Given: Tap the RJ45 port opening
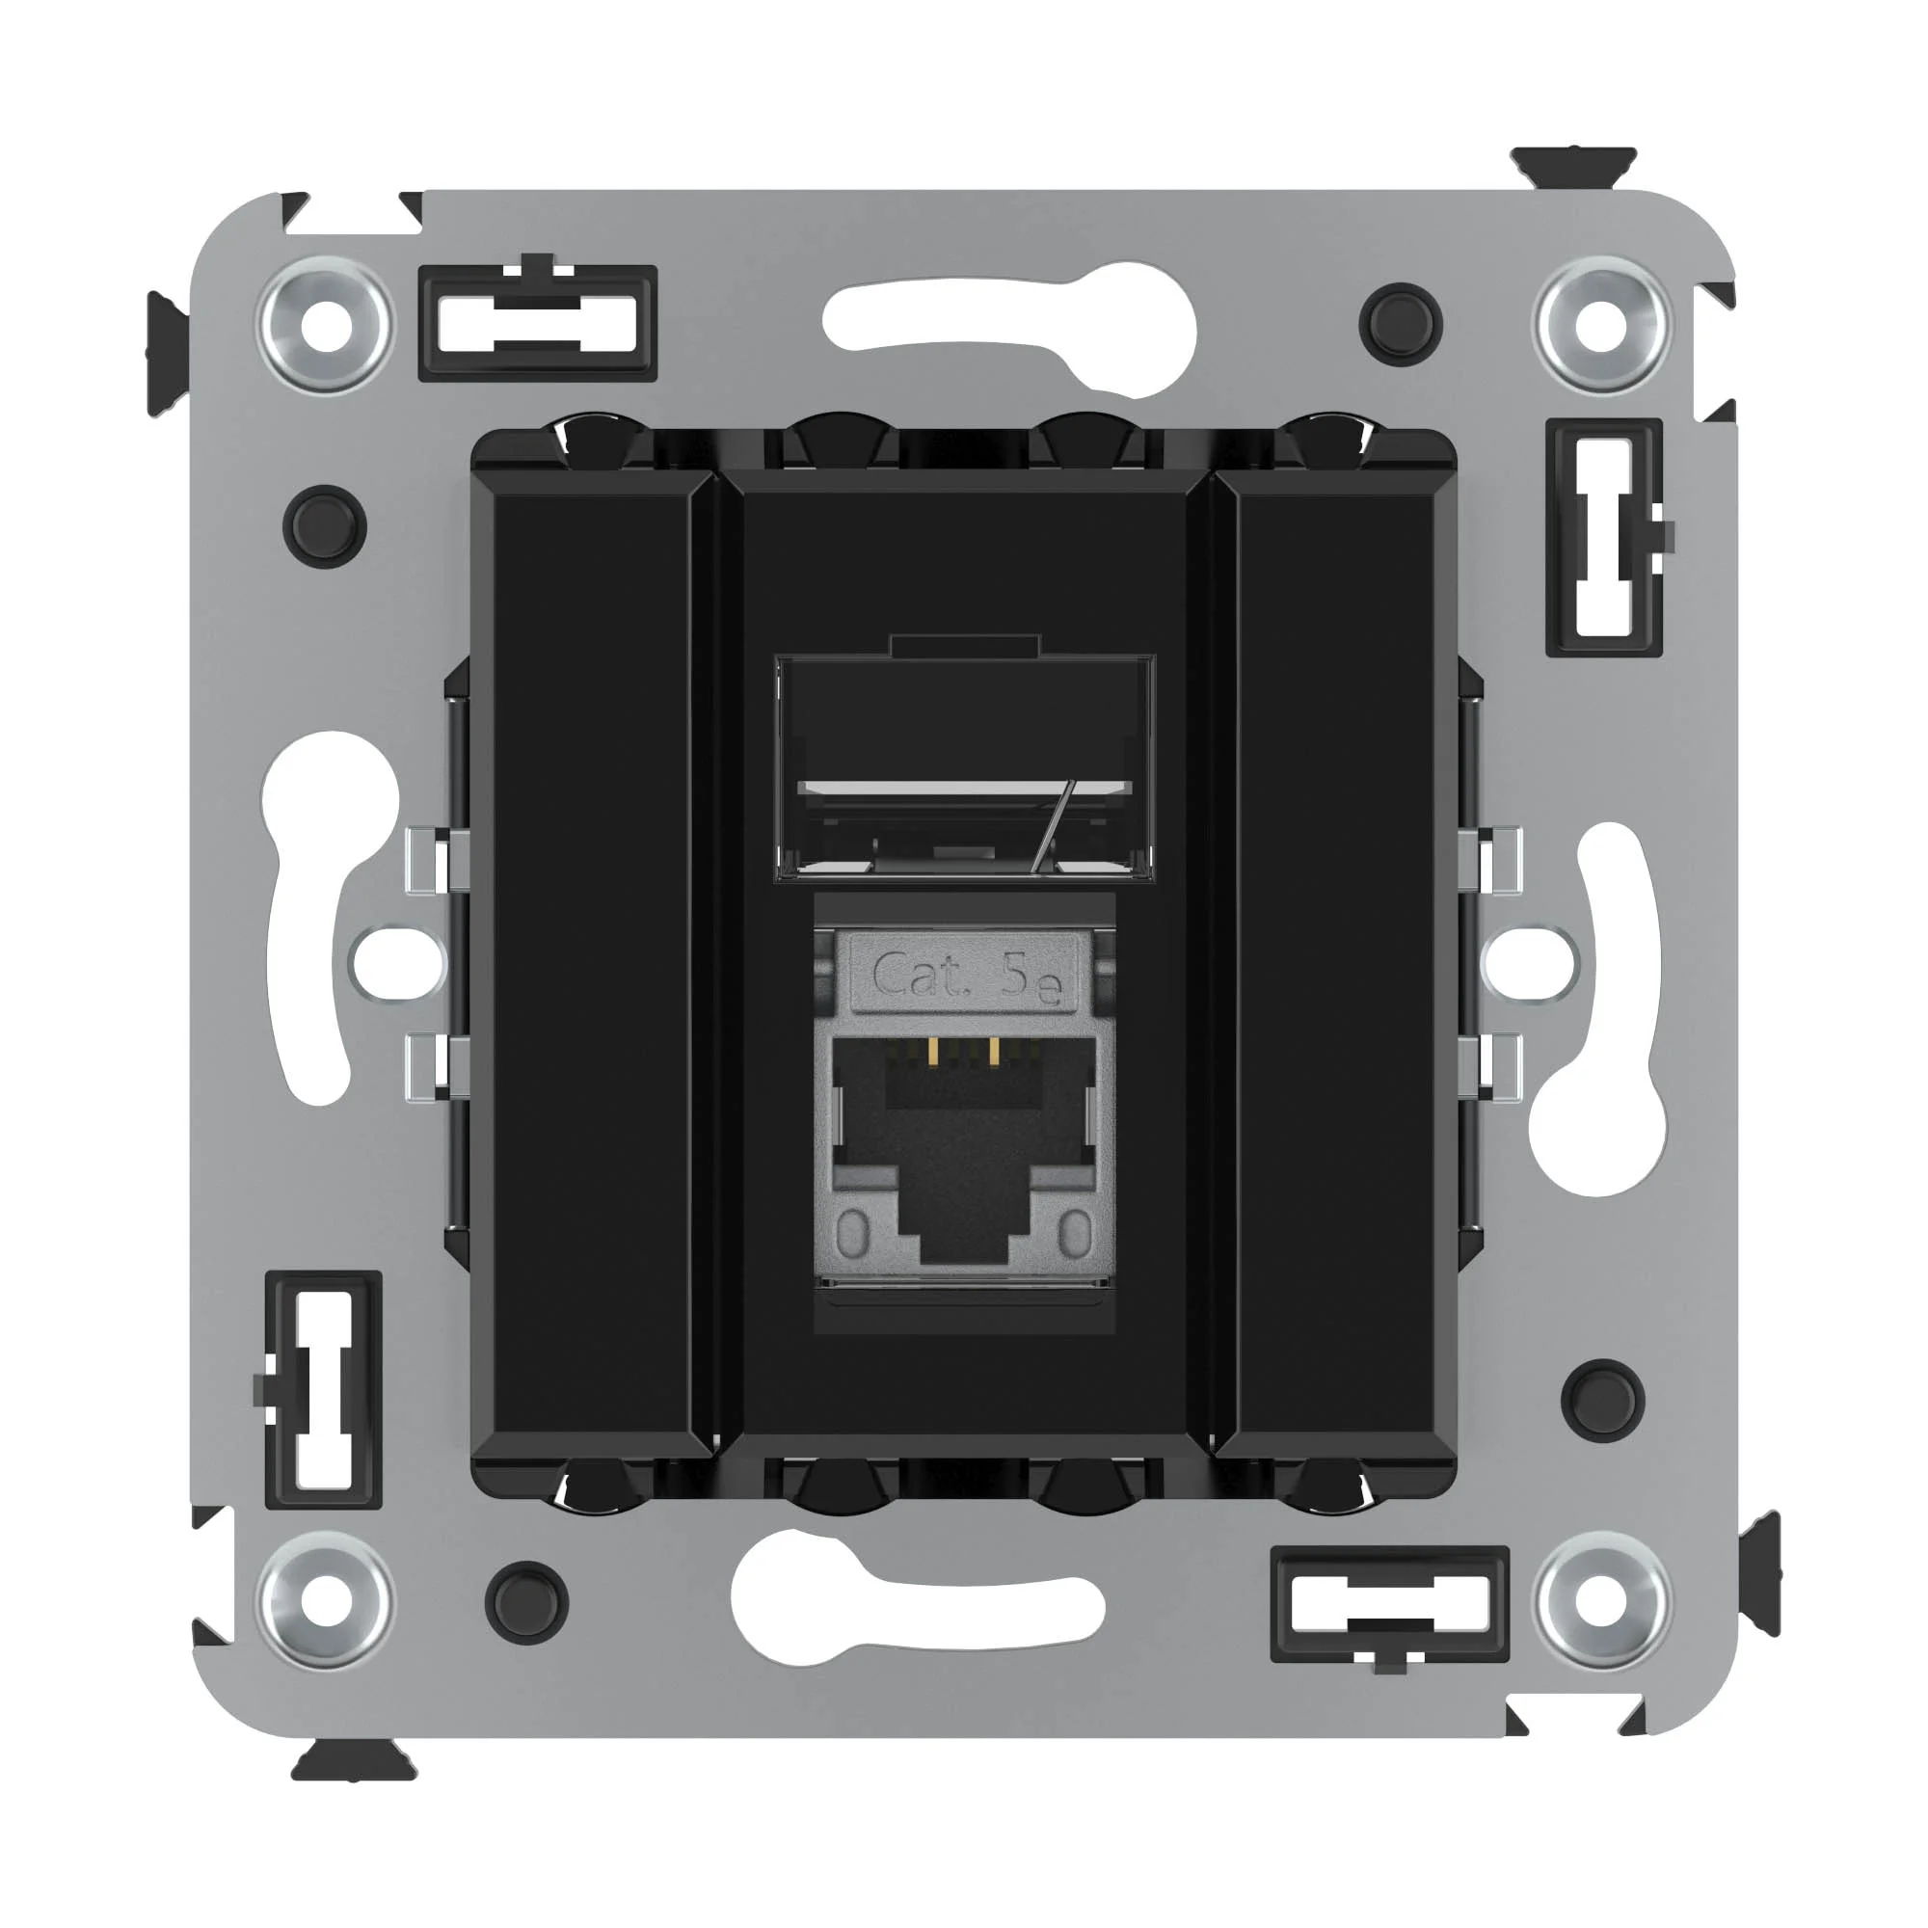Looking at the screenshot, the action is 964,1163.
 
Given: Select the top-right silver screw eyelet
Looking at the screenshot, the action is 1603,324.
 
